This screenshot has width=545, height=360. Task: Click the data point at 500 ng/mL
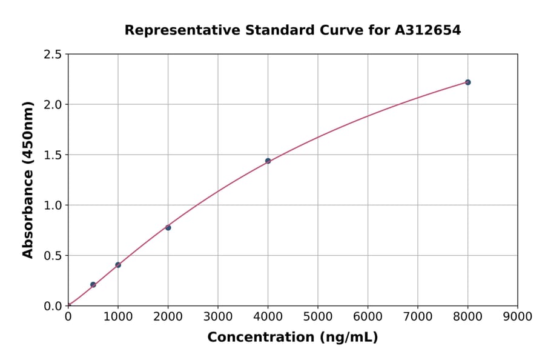click(x=93, y=284)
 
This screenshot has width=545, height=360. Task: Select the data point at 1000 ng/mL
click(x=118, y=265)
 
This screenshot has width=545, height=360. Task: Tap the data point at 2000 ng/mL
click(x=168, y=227)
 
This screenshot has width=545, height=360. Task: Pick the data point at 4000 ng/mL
click(x=268, y=161)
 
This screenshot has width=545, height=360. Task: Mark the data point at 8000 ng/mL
click(x=467, y=82)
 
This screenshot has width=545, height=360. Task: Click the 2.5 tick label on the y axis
click(x=53, y=55)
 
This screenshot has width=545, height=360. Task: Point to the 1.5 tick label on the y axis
click(x=53, y=155)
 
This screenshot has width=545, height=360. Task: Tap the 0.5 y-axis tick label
click(x=53, y=256)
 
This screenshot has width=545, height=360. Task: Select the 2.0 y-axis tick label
click(x=53, y=105)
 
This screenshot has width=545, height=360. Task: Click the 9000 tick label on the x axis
click(x=517, y=316)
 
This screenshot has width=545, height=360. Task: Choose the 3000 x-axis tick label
click(x=217, y=316)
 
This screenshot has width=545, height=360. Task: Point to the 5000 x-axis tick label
click(x=317, y=316)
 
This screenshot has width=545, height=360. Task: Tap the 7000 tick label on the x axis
click(x=417, y=316)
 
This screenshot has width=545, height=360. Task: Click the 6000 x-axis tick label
click(x=368, y=316)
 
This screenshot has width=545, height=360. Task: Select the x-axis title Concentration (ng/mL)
click(x=292, y=337)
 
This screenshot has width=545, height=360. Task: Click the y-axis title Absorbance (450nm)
click(x=28, y=180)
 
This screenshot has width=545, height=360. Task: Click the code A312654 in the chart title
click(x=428, y=30)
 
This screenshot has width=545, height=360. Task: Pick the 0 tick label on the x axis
click(x=68, y=316)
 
